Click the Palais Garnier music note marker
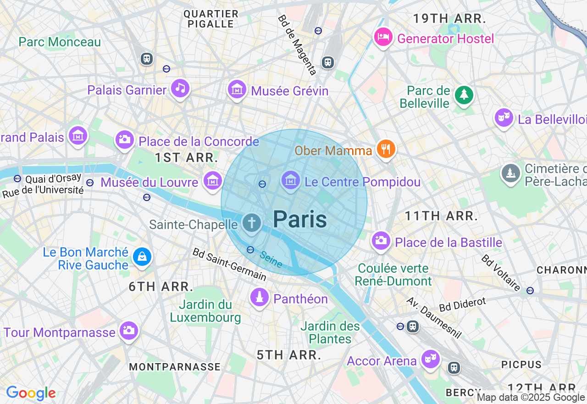(180, 88)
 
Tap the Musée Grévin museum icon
(237, 90)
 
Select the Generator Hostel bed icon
(383, 37)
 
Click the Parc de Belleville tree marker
(464, 95)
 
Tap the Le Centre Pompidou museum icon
(290, 180)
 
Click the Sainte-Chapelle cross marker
(251, 224)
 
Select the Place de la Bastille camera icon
(381, 240)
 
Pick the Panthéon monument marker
(260, 298)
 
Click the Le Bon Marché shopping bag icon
(142, 257)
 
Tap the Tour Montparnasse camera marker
(128, 331)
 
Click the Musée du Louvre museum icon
(213, 181)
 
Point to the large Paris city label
(300, 219)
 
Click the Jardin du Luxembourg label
(205, 311)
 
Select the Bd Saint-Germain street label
(229, 264)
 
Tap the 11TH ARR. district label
(441, 216)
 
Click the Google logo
(31, 393)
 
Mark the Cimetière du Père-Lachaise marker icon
(510, 174)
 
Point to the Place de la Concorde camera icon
(124, 140)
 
